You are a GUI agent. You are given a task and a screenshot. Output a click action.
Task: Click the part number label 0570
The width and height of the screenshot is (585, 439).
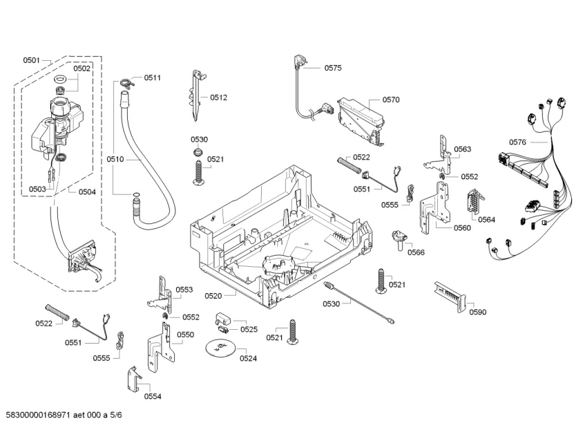coord(391,100)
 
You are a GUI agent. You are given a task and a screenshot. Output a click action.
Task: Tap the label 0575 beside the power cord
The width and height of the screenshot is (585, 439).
coord(333,68)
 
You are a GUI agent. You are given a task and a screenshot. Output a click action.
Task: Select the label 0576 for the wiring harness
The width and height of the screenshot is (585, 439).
coord(518,142)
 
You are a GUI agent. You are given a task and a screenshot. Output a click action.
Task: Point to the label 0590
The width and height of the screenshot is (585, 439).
coord(478,312)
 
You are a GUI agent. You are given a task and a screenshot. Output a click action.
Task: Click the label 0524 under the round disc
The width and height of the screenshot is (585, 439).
coord(249,358)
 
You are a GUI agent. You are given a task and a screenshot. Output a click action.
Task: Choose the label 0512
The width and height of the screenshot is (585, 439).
coord(219,97)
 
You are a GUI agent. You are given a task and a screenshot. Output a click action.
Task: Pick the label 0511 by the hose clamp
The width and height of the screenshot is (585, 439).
coord(153,78)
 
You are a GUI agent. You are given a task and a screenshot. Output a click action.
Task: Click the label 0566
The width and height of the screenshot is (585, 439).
coord(416,252)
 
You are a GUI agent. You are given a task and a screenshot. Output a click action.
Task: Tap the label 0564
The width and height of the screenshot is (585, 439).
coord(487,220)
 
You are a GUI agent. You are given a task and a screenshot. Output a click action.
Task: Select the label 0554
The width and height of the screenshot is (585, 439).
coord(153,396)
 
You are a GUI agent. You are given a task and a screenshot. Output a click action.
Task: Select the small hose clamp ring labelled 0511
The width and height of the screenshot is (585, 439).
coord(125,83)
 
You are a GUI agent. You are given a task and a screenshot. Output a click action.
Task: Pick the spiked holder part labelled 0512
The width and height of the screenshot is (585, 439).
coord(198,93)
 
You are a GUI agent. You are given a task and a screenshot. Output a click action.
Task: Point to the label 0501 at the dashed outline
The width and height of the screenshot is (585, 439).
coord(32,60)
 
